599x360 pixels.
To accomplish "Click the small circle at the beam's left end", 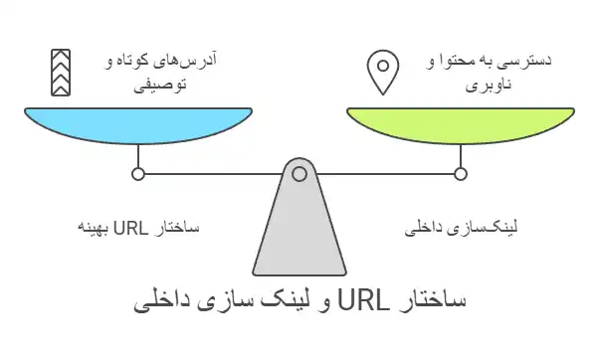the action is pyautogui.click(x=138, y=174).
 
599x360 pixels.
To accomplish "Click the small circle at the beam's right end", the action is pyautogui.click(x=461, y=174).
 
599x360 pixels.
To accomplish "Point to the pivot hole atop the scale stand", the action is pyautogui.click(x=299, y=174).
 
